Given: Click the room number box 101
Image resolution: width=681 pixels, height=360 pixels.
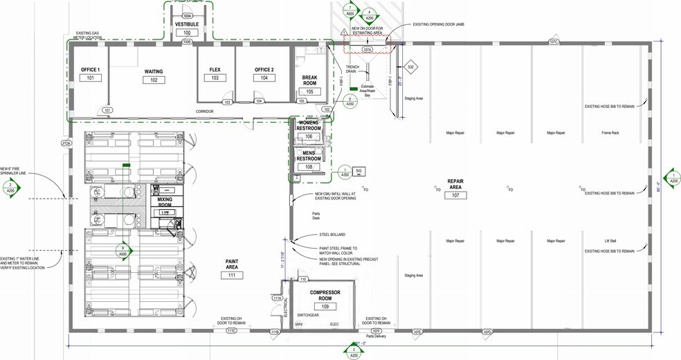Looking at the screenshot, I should pyautogui.click(x=90, y=78).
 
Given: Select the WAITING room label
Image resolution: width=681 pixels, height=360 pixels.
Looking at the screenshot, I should pyautogui.click(x=154, y=71).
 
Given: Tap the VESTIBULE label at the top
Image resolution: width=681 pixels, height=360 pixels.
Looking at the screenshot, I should pyautogui.click(x=187, y=24).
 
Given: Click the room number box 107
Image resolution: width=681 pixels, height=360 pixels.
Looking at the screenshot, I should pyautogui.click(x=456, y=195).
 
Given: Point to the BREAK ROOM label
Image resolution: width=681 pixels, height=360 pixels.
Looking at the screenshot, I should pyautogui.click(x=309, y=80).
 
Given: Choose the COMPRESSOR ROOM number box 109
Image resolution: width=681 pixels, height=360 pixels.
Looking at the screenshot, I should pyautogui.click(x=325, y=307).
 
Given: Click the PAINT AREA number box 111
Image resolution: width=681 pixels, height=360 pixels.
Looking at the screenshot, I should pyautogui.click(x=232, y=276).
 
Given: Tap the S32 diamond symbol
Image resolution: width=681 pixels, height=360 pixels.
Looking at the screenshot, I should pyautogui.click(x=410, y=67).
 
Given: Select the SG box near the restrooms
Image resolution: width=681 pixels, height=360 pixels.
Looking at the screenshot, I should pyautogui.click(x=358, y=171).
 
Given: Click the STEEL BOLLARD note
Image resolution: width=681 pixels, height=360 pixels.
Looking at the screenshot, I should pyautogui.click(x=332, y=235).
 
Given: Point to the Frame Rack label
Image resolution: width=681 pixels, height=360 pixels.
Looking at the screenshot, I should pyautogui.click(x=610, y=133).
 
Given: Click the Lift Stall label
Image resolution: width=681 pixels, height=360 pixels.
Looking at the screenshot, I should pyautogui.click(x=610, y=241).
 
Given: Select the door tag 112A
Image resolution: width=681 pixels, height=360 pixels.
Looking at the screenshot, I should pyautogui.click(x=66, y=143).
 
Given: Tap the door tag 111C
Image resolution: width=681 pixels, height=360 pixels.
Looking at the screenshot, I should pyautogui.click(x=232, y=331).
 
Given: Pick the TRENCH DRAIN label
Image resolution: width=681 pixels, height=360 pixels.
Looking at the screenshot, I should pyautogui.click(x=352, y=69).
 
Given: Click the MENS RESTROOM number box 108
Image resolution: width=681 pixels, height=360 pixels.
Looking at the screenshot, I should pyautogui.click(x=309, y=167).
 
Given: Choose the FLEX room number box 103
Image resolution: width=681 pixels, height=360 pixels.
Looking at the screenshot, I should pyautogui.click(x=215, y=78).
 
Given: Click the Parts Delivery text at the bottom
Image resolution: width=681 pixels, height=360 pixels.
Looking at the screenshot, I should pyautogui.click(x=376, y=336).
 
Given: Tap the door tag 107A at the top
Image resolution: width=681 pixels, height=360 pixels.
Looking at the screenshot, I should pyautogui.click(x=367, y=49).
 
